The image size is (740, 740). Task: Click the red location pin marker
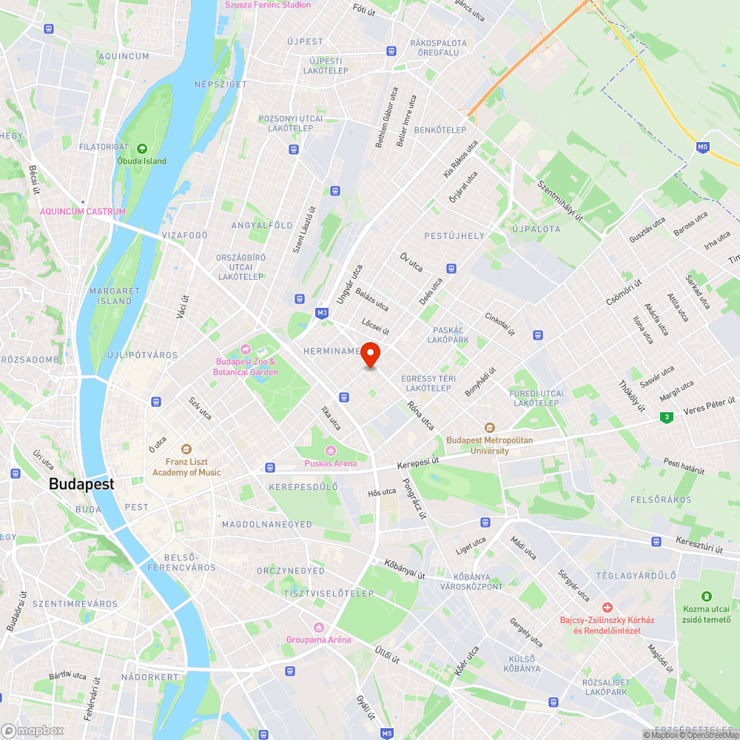click(x=370, y=354)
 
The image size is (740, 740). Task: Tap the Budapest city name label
click(x=81, y=484)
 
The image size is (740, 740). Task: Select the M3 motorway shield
click(x=322, y=313)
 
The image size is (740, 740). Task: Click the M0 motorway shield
click(x=702, y=148)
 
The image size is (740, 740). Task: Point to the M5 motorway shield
click(x=387, y=733)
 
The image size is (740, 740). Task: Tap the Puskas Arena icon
click(x=330, y=451)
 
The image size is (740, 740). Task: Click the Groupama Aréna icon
click(x=319, y=627)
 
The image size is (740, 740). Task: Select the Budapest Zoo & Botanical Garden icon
click(x=246, y=349)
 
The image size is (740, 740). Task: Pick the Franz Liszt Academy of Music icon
click(x=186, y=449)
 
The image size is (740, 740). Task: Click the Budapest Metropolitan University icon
click(x=489, y=428)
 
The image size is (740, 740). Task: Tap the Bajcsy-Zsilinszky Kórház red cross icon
click(x=606, y=607)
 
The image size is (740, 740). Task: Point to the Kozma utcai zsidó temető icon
click(x=707, y=596)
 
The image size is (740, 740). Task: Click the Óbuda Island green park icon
click(x=142, y=149)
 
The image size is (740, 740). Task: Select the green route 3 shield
click(x=667, y=417)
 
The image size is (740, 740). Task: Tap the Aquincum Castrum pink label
click(x=83, y=212)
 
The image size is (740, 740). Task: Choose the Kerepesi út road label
click(x=418, y=461)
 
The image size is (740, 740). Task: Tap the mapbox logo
click(x=33, y=730)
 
